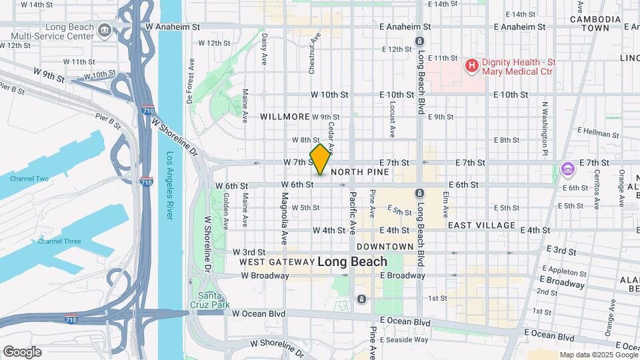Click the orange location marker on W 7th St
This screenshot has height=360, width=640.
coord(320,159)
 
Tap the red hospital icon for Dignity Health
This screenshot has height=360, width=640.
coord(471,65)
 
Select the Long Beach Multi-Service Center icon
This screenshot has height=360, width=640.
coord(105,30)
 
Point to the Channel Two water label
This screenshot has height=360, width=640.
coord(29,179)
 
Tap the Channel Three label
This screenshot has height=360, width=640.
coord(59,241)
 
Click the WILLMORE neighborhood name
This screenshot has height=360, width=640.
coord(285,116)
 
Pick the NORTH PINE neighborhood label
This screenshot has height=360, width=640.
coord(359,172)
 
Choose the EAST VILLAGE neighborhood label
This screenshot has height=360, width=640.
coord(481,226)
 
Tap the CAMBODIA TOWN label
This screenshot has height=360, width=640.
coord(590,24)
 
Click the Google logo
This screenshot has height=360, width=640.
coord(22,351)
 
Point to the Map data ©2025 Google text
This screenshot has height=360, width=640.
coord(598,355)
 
